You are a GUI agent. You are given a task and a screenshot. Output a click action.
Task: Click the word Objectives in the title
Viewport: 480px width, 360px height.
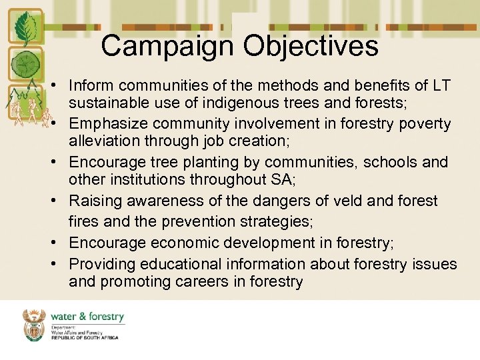coord(311,47)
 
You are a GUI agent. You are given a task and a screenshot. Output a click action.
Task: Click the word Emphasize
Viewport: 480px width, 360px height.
coord(105,124)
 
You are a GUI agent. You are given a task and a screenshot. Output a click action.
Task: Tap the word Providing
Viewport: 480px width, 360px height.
coord(99,265)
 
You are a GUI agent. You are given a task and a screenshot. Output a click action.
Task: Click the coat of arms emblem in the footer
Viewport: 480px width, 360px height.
coord(35,325)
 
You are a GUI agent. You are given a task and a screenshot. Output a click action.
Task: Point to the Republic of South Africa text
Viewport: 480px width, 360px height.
coord(85,338)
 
